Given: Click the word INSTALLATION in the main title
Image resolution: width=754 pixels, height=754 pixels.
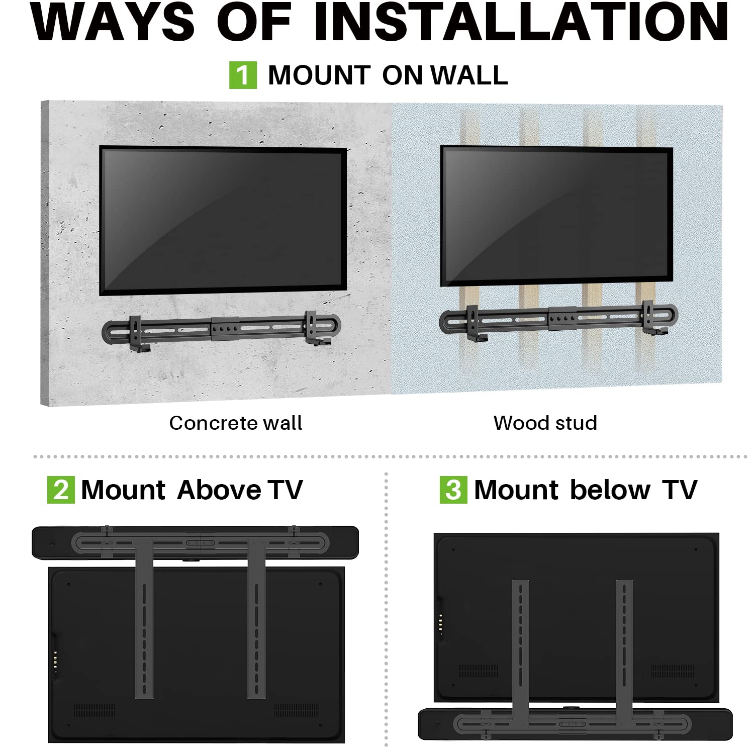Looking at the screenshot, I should pos(521,22).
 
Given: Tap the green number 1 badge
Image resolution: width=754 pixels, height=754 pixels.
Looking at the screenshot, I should pos(243,75).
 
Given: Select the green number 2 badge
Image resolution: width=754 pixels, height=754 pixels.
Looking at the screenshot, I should pos(61,490).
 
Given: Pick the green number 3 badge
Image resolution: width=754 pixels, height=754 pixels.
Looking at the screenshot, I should pos(453,490).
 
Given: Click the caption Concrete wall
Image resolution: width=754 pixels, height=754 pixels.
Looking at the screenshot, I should pos(235,423).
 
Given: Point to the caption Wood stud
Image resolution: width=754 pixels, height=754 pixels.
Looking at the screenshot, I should pos(545,423).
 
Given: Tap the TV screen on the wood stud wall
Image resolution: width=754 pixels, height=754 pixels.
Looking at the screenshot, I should pos(556,216).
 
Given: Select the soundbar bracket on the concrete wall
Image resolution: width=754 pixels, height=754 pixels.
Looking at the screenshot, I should pos(221,329).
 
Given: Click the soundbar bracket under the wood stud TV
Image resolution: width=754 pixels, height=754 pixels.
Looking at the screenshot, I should pos(558,319).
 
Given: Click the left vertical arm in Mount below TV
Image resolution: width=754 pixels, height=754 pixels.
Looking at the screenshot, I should pos(521,648).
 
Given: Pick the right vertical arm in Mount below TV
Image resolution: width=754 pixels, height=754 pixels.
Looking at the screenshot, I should pos(624,648).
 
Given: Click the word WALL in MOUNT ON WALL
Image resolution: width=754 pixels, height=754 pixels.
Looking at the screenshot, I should pos(469,75).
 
